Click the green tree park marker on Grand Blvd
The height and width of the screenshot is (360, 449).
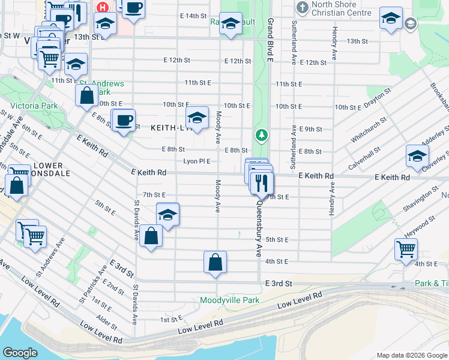(x=261, y=134)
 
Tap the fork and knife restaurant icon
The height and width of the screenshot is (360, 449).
(x=261, y=182)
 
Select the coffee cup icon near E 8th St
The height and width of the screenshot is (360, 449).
(x=124, y=119)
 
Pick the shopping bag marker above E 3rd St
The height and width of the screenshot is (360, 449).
(x=215, y=262)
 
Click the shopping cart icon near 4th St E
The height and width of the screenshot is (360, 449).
(x=406, y=248)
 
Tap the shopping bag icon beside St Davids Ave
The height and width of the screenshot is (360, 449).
(x=152, y=235)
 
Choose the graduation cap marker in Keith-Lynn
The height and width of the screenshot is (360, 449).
(x=197, y=117)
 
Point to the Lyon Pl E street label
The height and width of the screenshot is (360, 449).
(x=197, y=161)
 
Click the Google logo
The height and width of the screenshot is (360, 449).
(x=20, y=353)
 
